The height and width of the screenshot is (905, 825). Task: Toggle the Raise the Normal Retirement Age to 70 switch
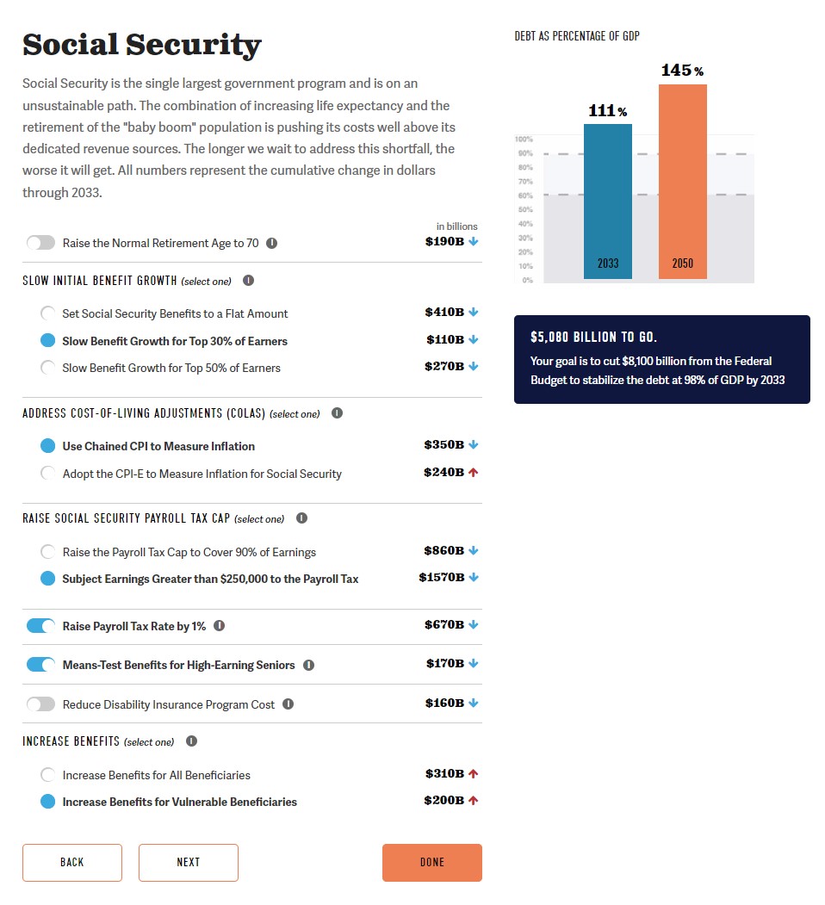tap(40, 243)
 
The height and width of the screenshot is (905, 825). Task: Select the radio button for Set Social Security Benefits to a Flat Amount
tap(48, 313)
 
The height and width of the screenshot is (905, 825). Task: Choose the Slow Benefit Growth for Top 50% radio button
tap(48, 368)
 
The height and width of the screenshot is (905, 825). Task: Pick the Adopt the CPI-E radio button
tap(48, 474)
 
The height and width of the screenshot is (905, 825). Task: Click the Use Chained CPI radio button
tap(48, 446)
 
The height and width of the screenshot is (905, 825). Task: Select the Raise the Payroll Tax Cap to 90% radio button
tap(48, 552)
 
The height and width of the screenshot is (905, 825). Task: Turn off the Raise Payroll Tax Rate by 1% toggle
tap(40, 626)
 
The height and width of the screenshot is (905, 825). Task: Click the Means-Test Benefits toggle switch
tap(40, 665)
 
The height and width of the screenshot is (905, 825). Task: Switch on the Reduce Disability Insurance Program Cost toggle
tap(40, 704)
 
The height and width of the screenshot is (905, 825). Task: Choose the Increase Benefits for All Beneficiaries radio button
tap(48, 775)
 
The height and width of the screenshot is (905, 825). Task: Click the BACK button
tap(72, 862)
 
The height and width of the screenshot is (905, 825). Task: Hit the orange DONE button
tap(431, 862)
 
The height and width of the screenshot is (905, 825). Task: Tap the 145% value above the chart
tap(682, 71)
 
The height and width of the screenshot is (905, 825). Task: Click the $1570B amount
tap(441, 578)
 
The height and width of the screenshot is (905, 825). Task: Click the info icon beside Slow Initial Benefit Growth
tap(249, 281)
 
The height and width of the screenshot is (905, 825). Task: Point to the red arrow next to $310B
tap(473, 774)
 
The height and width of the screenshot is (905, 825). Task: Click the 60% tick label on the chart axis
tap(525, 195)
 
